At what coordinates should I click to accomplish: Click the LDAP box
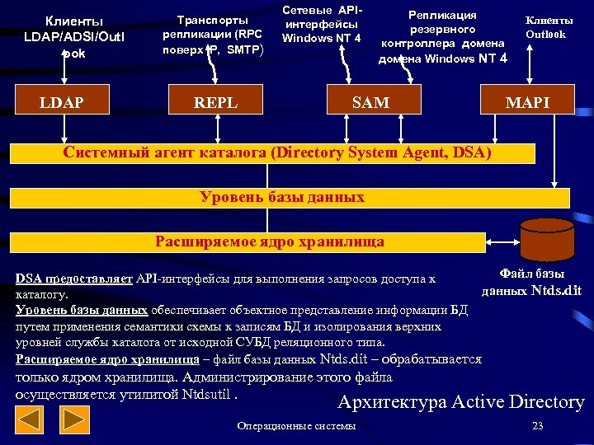(63, 102)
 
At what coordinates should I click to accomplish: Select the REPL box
(215, 102)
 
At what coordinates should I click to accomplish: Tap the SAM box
(370, 102)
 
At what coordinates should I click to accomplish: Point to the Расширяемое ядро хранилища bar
(247, 241)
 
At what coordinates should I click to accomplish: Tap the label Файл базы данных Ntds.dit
(531, 282)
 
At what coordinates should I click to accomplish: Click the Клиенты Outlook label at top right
(545, 27)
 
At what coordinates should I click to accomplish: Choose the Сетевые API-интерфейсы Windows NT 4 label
(321, 25)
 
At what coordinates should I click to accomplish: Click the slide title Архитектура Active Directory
(461, 402)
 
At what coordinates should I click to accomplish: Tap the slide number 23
(538, 426)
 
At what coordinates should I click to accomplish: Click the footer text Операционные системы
(296, 426)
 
